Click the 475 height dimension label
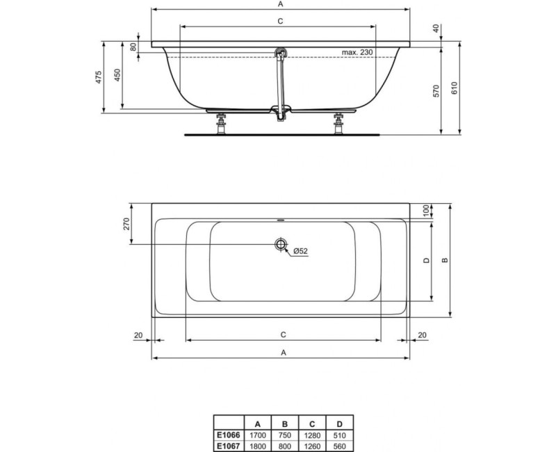(99, 76)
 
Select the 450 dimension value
(117, 76)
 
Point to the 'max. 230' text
(357, 54)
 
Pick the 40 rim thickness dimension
(436, 29)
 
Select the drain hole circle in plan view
(280, 244)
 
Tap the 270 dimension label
(126, 224)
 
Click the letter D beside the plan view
(426, 261)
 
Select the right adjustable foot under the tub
(339, 124)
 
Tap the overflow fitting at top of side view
(281, 52)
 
